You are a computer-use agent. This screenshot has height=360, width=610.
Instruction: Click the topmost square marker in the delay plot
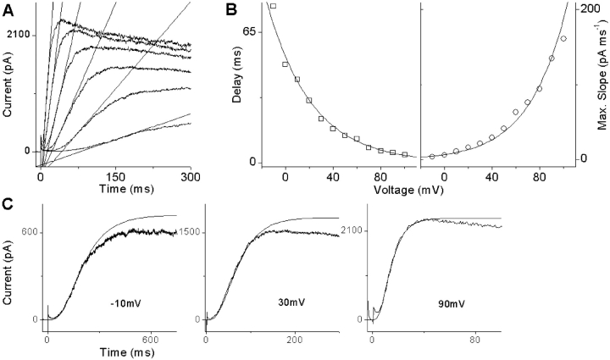(273, 6)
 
